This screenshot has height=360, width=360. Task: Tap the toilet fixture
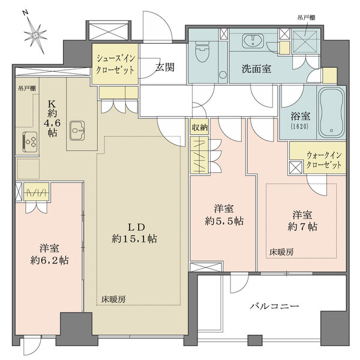coord(202,55)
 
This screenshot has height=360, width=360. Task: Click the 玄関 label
coord(165,67)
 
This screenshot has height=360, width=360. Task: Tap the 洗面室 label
coord(257,69)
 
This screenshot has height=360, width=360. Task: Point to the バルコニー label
coord(274,307)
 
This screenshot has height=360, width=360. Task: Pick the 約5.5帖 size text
coord(222,220)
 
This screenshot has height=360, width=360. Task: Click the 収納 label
coord(199,127)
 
